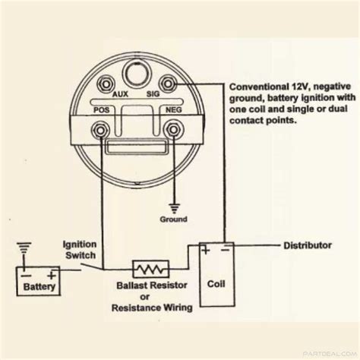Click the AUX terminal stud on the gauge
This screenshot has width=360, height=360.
(106, 84)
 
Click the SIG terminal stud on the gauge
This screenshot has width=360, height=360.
(168, 84)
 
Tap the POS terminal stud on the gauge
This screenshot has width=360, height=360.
(100, 130)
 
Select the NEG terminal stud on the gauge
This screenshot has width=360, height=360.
(173, 130)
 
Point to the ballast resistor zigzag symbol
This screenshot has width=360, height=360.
(151, 269)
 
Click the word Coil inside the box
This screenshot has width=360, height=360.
(216, 284)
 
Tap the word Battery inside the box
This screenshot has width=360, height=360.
(39, 287)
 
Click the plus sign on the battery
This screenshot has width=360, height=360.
(52, 275)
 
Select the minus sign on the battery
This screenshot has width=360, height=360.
(26, 276)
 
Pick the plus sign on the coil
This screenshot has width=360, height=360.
(206, 250)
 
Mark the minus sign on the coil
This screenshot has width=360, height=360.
(225, 250)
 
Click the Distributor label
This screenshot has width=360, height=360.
(308, 245)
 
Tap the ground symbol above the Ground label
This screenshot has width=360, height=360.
(174, 208)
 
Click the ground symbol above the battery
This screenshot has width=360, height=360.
(24, 248)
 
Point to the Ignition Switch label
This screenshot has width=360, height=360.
(80, 250)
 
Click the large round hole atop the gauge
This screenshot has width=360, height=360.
(136, 73)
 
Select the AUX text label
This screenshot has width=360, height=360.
(120, 94)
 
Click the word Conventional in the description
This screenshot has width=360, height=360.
(259, 87)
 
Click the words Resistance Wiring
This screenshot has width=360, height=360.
(152, 308)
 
